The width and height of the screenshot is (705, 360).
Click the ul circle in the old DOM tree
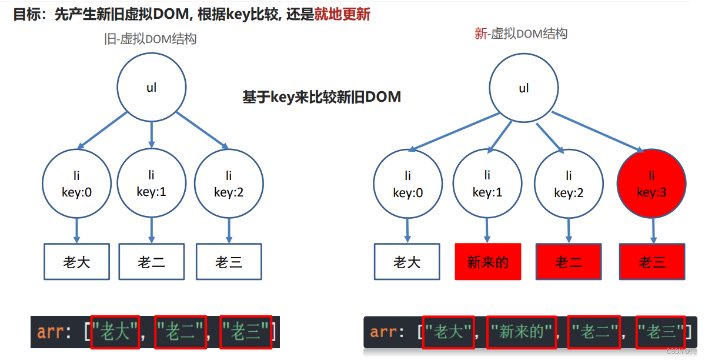click(x=152, y=88)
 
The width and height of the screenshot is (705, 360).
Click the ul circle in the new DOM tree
click(x=524, y=88)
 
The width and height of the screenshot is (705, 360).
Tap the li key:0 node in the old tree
click(x=76, y=183)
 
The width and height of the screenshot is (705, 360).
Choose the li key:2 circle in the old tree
click(x=229, y=183)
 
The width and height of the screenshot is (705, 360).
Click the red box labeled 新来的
click(x=487, y=261)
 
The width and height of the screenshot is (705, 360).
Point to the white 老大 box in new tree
click(x=407, y=261)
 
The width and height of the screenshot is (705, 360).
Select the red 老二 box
click(x=569, y=261)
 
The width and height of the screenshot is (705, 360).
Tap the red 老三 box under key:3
click(x=652, y=261)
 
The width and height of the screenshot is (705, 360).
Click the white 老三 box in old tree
click(x=229, y=261)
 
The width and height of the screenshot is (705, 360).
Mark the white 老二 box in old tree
click(x=152, y=261)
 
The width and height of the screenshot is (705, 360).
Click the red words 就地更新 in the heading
click(x=342, y=14)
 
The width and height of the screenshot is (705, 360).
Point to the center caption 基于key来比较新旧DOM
click(x=322, y=97)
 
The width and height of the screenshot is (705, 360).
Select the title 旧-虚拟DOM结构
click(x=150, y=39)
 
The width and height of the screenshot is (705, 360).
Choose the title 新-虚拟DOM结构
click(x=521, y=34)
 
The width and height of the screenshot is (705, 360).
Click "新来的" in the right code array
click(x=521, y=332)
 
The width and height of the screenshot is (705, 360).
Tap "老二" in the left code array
click(x=181, y=331)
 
